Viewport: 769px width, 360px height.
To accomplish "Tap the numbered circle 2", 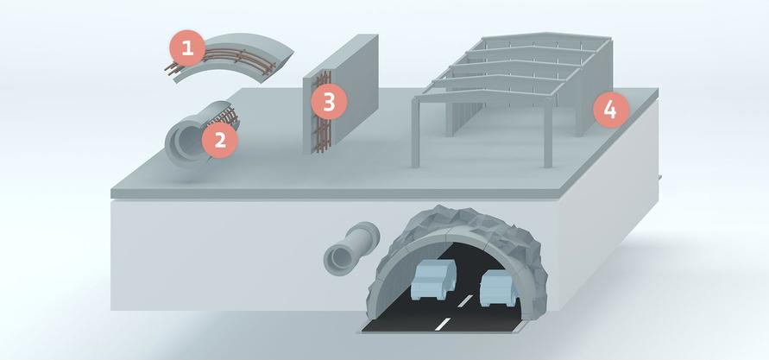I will click(220, 139).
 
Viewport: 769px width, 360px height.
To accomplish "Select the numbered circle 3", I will click(328, 103).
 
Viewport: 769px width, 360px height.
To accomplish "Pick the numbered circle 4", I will click(610, 110).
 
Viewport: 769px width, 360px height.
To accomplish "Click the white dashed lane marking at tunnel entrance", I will click(442, 325).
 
